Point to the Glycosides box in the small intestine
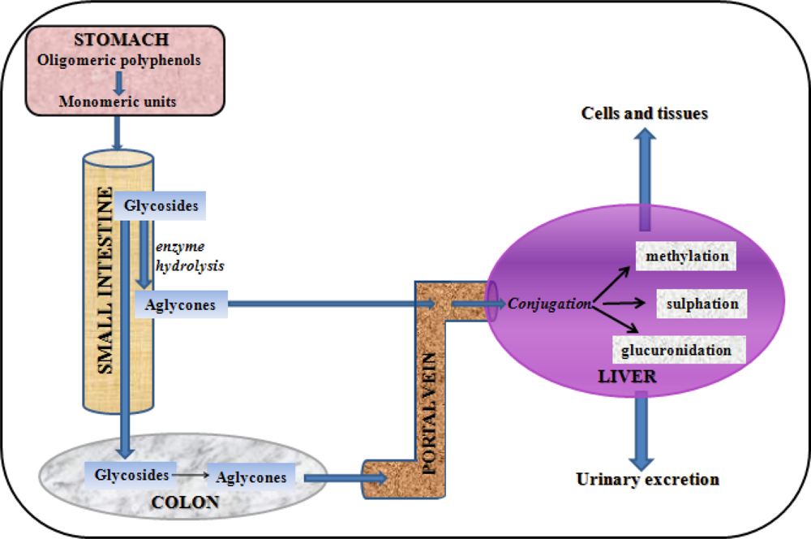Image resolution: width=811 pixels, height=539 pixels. click(161, 206)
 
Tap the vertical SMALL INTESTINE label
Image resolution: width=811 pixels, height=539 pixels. click(105, 280)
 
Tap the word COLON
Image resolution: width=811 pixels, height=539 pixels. click(185, 502)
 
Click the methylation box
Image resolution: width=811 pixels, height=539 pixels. click(687, 257)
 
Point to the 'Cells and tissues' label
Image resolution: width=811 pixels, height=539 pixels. click(645, 114)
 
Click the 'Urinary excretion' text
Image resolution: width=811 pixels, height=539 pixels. click(647, 479)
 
